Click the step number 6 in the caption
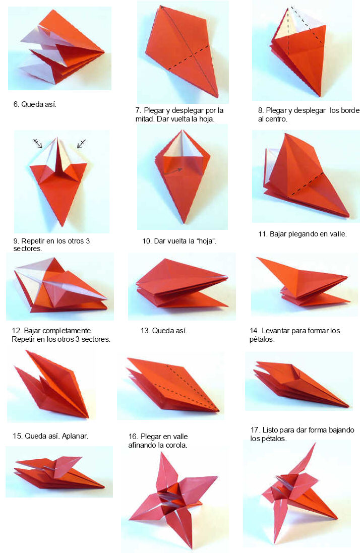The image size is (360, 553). tap(16, 104)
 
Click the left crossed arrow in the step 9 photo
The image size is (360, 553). tap(38, 143)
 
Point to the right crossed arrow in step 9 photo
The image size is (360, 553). tap(81, 144)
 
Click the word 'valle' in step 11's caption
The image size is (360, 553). tap(337, 234)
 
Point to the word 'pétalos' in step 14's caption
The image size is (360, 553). tap(261, 339)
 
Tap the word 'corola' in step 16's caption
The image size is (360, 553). tap(176, 445)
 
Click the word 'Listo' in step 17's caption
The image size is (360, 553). tap(269, 430)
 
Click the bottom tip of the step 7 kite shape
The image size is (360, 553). tap(217, 97)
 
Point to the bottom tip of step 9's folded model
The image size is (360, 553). tap(62, 225)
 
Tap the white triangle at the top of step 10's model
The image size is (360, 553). tap(182, 146)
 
